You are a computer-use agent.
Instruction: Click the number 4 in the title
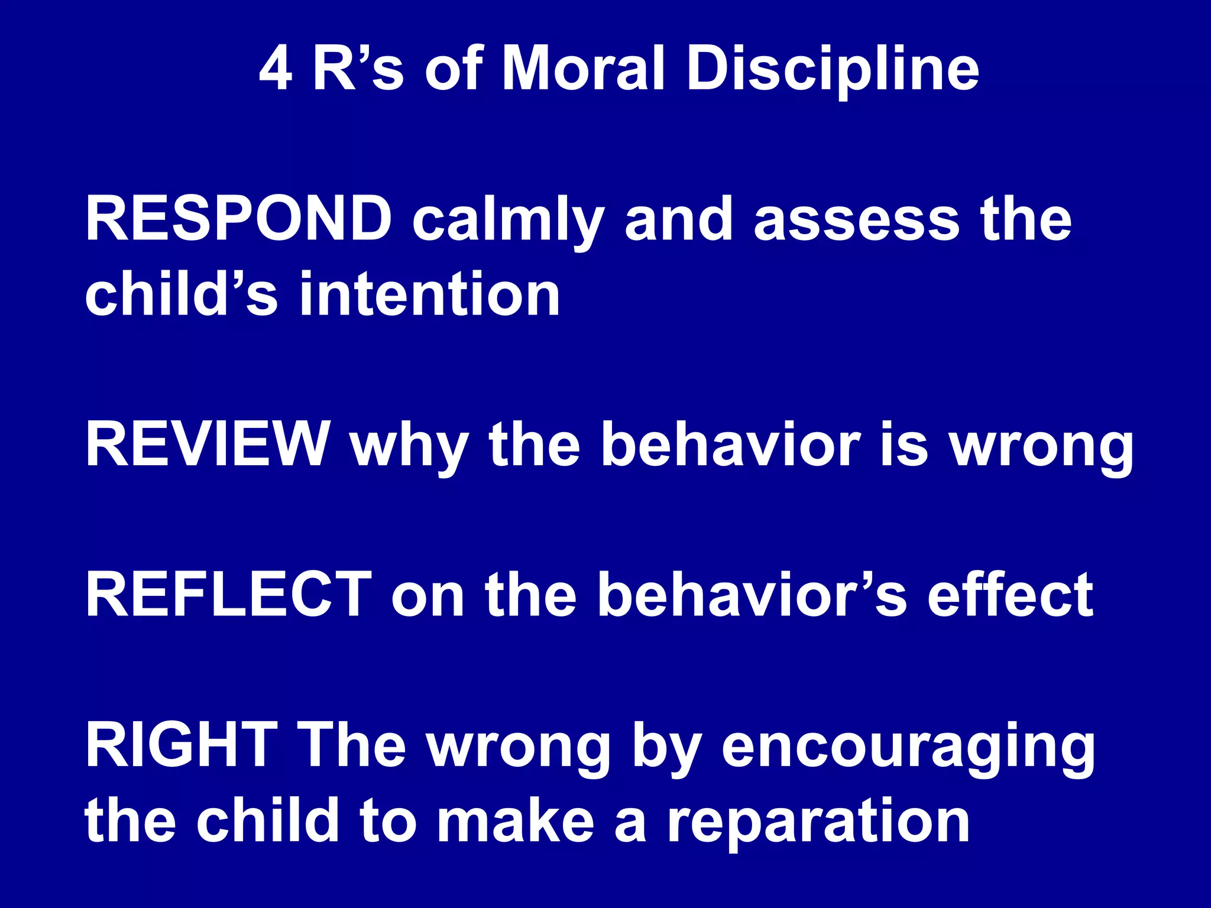[276, 70]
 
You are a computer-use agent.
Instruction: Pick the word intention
[430, 294]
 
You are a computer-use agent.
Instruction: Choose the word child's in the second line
[181, 294]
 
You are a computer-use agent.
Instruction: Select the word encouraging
[908, 750]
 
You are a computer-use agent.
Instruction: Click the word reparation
[818, 823]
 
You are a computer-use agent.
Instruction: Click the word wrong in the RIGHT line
[519, 750]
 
